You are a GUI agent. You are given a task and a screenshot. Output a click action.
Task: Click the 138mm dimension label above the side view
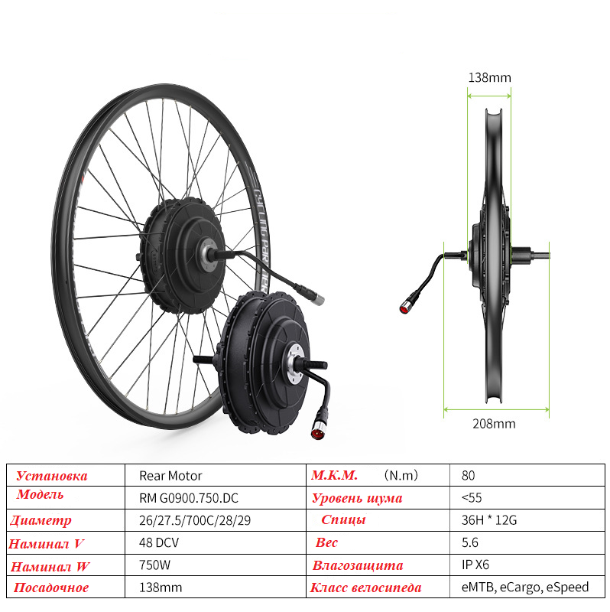[x=489, y=77]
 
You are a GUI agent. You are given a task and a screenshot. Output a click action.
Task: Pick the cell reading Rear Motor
[x=170, y=475]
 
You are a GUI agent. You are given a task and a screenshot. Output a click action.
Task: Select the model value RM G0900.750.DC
[x=189, y=498]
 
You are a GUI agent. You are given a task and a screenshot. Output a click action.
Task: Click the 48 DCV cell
[x=159, y=542]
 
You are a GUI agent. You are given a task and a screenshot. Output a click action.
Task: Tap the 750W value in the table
[x=155, y=565]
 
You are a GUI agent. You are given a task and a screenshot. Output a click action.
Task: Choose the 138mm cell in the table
[x=161, y=588]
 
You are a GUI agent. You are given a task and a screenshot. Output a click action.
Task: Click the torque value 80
[x=468, y=475]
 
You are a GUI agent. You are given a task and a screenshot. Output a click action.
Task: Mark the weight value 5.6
[x=469, y=542]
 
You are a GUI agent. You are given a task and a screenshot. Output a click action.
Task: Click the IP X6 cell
[x=475, y=565]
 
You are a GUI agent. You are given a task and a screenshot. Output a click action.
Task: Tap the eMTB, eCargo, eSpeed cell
[x=525, y=588]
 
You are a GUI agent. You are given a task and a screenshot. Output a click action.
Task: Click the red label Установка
[x=52, y=476]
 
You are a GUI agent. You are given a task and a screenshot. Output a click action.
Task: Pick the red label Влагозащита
[x=357, y=566]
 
